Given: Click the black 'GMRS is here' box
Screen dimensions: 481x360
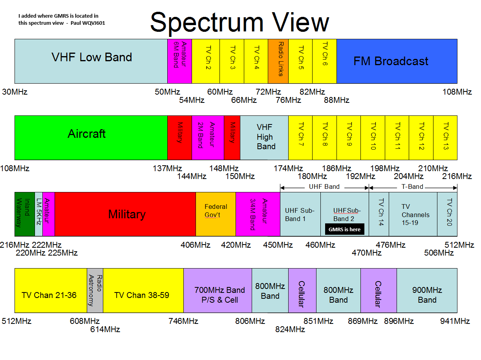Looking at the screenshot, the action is (344, 229).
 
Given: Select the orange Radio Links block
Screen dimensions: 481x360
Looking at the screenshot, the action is (278, 61).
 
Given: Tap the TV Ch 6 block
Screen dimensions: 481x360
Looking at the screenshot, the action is (324, 61).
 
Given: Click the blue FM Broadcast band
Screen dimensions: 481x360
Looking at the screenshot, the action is (397, 61).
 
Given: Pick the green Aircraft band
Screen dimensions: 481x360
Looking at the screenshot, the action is (91, 138).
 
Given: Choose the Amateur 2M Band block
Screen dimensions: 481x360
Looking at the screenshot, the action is (208, 138).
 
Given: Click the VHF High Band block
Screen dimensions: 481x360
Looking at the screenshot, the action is (264, 138).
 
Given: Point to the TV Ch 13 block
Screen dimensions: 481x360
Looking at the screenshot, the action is (445, 138).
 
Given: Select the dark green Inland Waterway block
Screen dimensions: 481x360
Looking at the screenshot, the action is (25, 214).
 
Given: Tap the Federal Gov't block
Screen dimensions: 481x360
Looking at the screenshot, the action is (216, 214).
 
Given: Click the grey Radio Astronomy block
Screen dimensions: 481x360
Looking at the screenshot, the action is (95, 291).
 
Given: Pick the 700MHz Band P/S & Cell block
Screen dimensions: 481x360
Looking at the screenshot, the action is (218, 291).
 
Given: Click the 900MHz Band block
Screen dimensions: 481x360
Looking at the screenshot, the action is (427, 291).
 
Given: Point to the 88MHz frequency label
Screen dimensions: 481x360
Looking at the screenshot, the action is (337, 100).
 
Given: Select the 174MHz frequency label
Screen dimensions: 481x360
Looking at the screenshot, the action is (288, 168).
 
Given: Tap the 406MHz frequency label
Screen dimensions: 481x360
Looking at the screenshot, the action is (195, 245).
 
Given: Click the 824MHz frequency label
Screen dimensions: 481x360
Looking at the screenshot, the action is (290, 329).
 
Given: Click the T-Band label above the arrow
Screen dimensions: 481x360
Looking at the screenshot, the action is (412, 186).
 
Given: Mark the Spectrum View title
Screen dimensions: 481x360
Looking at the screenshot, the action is (240, 22).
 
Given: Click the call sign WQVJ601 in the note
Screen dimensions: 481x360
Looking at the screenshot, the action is (93, 23).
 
